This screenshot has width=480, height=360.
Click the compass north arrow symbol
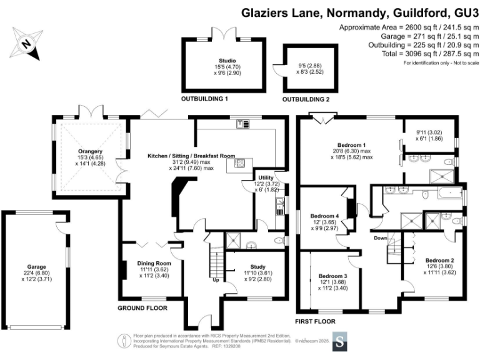[x=26, y=44]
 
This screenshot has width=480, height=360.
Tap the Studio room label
[x=218, y=61]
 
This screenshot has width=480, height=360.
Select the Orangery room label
[x=89, y=151]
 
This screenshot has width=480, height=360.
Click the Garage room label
[x=36, y=267]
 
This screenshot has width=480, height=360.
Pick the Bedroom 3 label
[x=332, y=276]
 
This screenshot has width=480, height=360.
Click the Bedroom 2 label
[x=439, y=260]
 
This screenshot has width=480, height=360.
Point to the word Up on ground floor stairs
[x=216, y=280]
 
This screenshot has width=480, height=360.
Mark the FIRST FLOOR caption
[x=316, y=321]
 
